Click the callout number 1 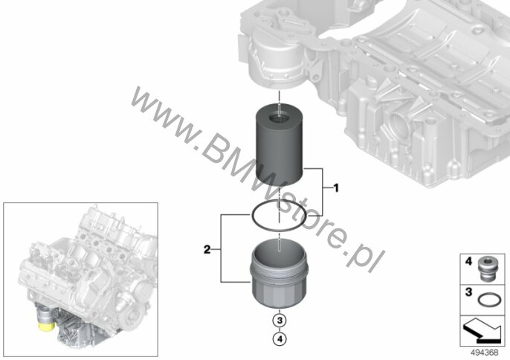coord(336,188)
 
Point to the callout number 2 coord(207,250)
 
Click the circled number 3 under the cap coord(280,321)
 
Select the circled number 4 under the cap coord(280,339)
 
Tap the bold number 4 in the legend coord(468,261)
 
